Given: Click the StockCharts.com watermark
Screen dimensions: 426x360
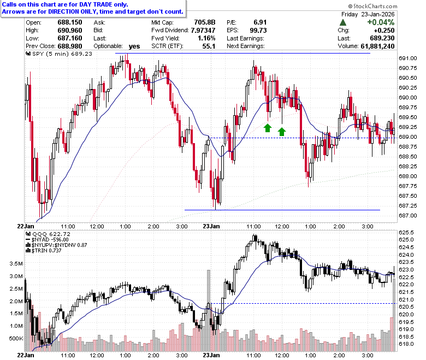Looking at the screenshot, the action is pyautogui.click(x=372, y=6).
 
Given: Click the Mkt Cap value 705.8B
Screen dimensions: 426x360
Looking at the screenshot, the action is pyautogui.click(x=205, y=22).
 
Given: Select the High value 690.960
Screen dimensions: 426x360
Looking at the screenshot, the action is pyautogui.click(x=70, y=31).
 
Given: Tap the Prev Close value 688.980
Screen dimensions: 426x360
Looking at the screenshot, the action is pyautogui.click(x=70, y=46).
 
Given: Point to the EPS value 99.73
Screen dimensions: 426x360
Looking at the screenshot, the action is pyautogui.click(x=258, y=31).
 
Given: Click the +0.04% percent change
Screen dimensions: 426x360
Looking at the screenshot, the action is pyautogui.click(x=381, y=22).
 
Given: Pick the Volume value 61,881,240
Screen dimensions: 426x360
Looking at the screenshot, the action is pyautogui.click(x=377, y=46).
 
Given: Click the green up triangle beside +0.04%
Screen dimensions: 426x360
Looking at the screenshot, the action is pyautogui.click(x=343, y=22).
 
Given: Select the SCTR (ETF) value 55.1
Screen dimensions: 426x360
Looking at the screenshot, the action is pyautogui.click(x=209, y=46).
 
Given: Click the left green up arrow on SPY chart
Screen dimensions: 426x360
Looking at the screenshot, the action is pyautogui.click(x=268, y=128).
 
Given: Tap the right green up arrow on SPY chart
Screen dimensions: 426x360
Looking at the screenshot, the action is pyautogui.click(x=282, y=132).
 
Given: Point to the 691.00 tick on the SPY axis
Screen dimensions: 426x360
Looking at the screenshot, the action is pyautogui.click(x=407, y=58).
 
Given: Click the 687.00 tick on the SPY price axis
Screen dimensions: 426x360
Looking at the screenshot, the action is pyautogui.click(x=407, y=215).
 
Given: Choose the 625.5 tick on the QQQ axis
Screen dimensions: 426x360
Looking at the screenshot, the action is pyautogui.click(x=406, y=233).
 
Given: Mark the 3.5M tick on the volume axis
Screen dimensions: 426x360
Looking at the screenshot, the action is pyautogui.click(x=16, y=263).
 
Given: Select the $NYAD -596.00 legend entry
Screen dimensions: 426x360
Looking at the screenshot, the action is pyautogui.click(x=47, y=240).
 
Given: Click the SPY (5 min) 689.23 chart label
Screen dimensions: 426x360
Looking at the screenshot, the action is pyautogui.click(x=59, y=54).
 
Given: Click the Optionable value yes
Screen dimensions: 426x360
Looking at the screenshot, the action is pyautogui.click(x=134, y=46).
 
